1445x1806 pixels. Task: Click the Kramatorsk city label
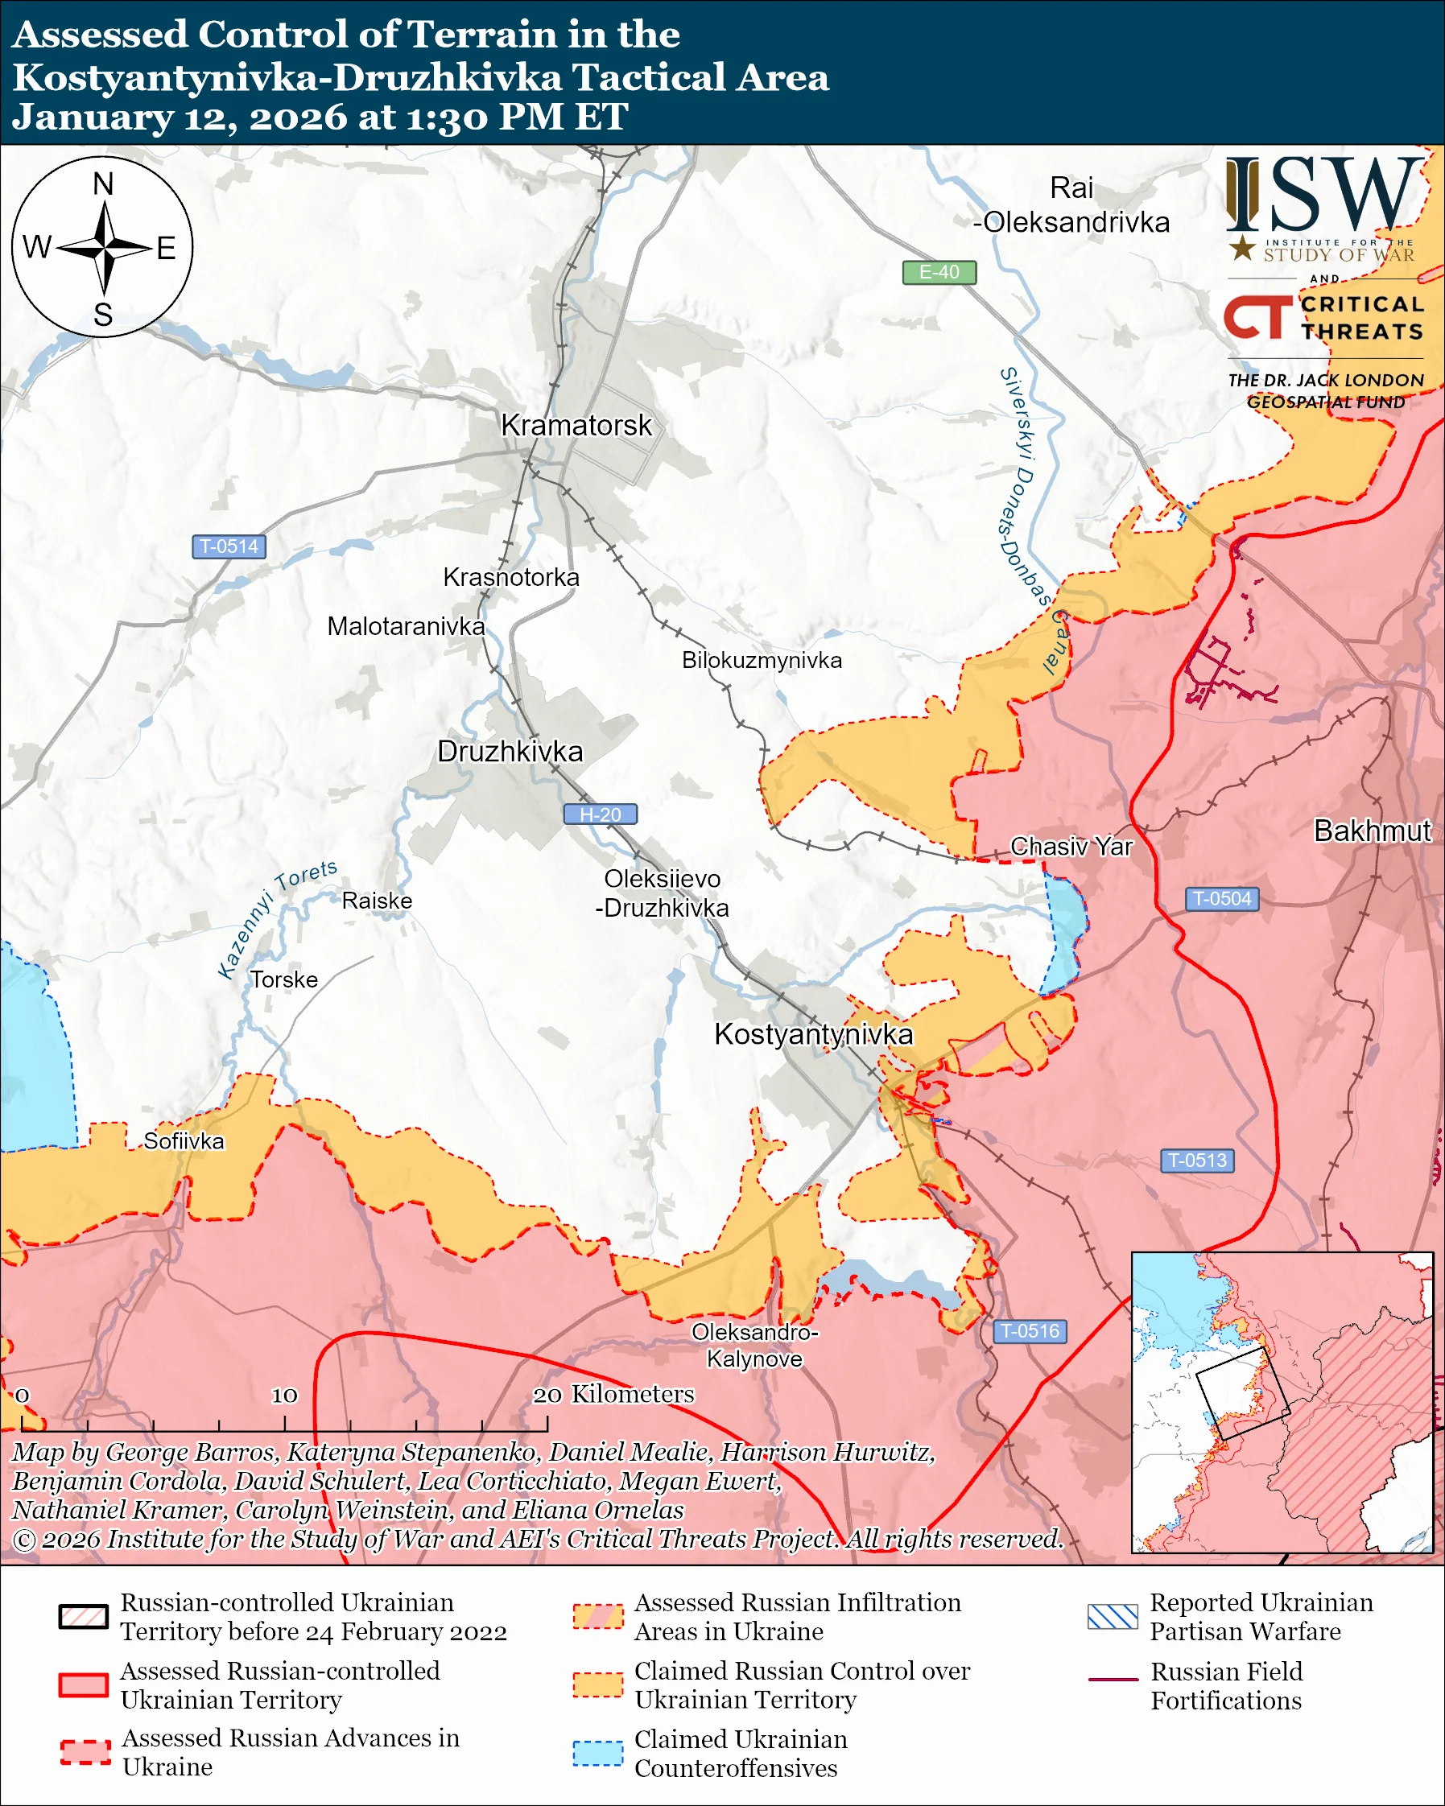tap(576, 425)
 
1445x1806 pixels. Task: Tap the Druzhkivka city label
tap(510, 752)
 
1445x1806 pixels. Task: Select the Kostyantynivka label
tap(812, 1034)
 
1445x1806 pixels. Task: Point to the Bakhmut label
tap(1372, 830)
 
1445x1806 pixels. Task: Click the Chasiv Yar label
tap(1071, 846)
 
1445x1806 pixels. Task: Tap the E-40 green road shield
tap(938, 272)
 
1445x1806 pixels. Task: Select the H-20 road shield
tap(600, 814)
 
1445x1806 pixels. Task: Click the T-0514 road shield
tap(229, 546)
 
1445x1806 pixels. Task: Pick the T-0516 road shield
tap(1030, 1331)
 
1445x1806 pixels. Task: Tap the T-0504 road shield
tap(1221, 899)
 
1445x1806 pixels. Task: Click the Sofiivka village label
tap(184, 1141)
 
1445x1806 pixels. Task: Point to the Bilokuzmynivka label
tap(762, 660)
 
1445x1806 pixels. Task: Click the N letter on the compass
tap(103, 183)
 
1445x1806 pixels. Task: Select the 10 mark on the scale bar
tap(284, 1396)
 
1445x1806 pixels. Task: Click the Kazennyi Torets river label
tap(276, 918)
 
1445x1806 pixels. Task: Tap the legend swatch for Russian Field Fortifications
tap(1113, 1680)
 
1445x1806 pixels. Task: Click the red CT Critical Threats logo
tap(1257, 317)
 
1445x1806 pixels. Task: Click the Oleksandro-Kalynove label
tap(754, 1346)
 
